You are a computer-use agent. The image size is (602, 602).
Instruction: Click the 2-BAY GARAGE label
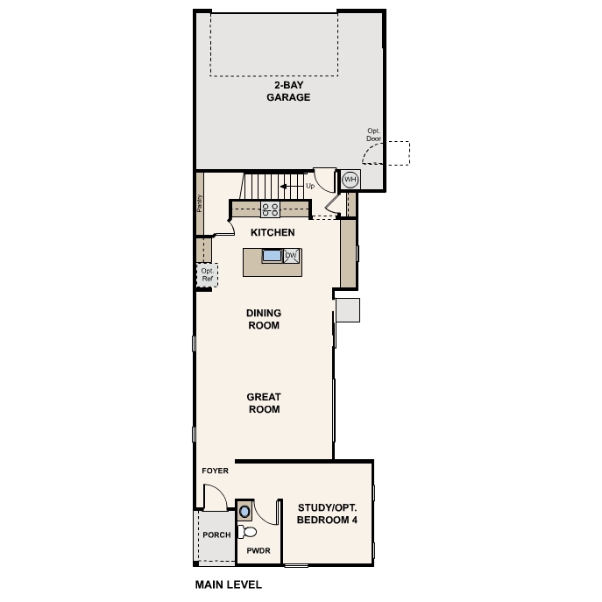288,91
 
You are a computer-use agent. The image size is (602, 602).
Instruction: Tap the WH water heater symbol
351,180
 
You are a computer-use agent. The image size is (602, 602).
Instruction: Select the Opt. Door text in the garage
373,135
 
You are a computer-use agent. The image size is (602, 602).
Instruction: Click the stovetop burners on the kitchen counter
270,209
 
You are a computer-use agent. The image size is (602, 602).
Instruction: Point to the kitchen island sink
272,255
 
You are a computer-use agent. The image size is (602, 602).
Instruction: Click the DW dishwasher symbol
291,256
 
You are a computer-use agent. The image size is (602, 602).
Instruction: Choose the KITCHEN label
273,232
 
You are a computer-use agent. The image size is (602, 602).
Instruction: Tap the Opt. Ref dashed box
208,275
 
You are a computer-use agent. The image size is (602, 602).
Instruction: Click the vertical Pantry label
199,203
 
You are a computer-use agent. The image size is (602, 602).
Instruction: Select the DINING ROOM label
264,319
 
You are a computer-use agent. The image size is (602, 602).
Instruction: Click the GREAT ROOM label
264,403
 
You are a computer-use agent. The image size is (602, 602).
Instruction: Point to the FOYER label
215,471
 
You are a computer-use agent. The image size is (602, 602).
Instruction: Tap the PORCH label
217,535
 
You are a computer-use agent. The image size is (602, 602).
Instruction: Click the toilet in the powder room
247,532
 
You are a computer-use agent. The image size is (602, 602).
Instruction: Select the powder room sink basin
244,512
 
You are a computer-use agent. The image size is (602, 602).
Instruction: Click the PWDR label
259,550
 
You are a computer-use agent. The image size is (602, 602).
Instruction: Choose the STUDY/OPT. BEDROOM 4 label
327,513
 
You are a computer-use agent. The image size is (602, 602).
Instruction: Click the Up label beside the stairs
310,186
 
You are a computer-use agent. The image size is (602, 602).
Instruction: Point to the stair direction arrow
292,187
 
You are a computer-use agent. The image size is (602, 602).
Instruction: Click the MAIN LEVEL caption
229,584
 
